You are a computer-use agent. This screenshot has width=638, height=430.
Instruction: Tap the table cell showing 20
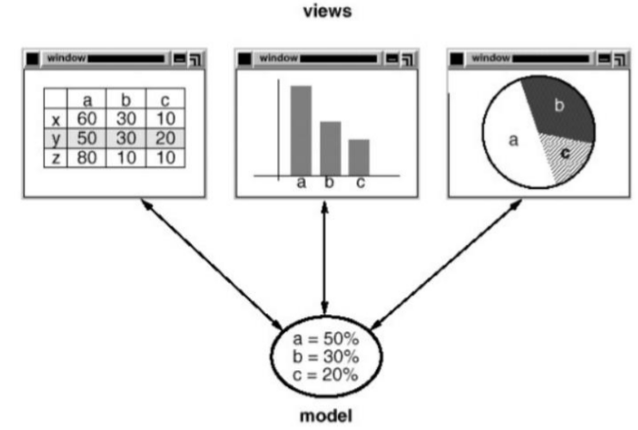pos(164,138)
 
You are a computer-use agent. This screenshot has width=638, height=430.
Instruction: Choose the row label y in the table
pos(56,138)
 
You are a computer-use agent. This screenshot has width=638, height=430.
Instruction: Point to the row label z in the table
pos(56,157)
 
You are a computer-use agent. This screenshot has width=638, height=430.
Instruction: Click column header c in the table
pos(164,100)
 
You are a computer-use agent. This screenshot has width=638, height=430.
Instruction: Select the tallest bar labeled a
pos(301,129)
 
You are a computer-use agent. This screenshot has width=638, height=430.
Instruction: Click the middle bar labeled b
pos(330,148)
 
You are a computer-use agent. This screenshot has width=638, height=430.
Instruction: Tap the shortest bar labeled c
pos(360,157)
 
